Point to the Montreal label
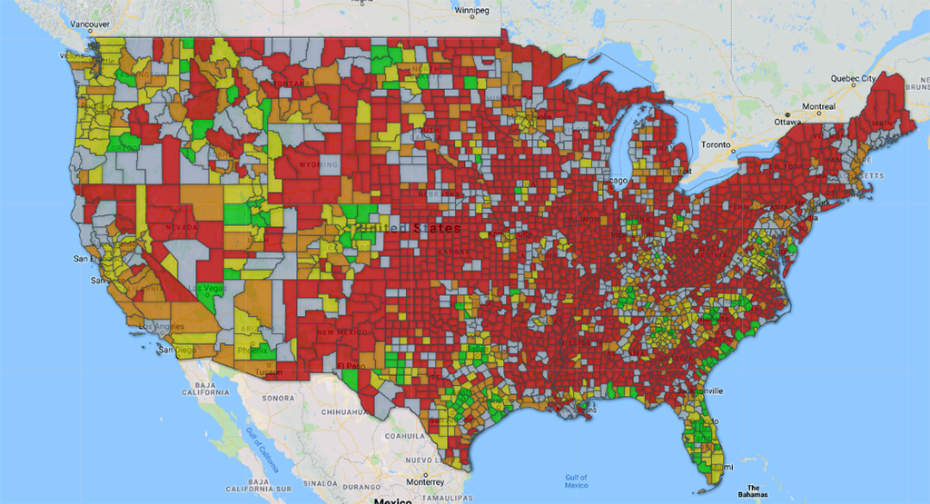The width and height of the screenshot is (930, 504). [817, 106]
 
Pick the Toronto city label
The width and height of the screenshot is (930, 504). [716, 144]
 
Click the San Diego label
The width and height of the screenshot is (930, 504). [177, 350]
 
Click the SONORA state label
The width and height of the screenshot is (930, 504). [277, 398]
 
